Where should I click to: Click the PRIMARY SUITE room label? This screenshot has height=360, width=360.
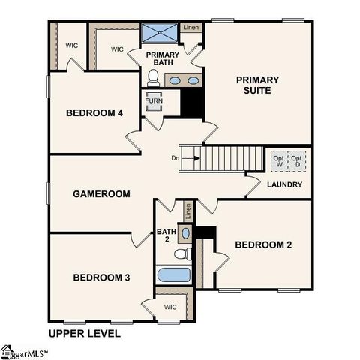point(257,85)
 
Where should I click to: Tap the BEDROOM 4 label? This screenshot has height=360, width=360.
point(94,113)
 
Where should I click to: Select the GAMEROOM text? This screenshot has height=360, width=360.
point(101,193)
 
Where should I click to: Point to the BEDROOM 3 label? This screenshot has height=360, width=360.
point(101,277)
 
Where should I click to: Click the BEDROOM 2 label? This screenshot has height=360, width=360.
point(263,244)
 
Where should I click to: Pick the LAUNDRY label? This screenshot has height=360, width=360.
point(285,184)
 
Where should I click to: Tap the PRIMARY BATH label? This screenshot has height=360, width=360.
point(162,59)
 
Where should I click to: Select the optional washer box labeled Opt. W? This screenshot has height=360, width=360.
point(279,160)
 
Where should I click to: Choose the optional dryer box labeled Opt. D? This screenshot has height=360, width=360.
point(298,160)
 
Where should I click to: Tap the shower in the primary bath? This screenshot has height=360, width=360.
point(160,34)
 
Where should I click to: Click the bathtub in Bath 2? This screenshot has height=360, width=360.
point(172,274)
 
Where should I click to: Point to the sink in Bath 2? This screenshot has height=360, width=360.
point(186,233)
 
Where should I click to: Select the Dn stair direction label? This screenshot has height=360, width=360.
point(175,157)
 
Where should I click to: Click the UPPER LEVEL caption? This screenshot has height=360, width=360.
point(83,333)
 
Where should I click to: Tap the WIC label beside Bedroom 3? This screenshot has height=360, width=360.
point(170,306)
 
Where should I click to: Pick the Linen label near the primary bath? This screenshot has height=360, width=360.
point(192,28)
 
